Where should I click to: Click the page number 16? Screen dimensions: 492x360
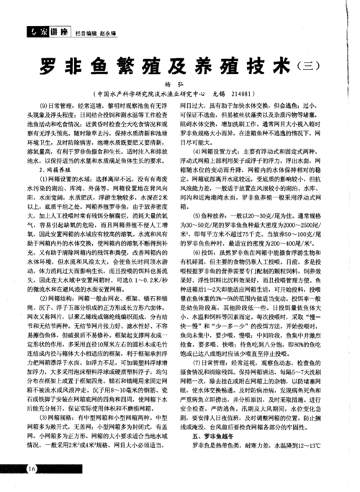[x=31, y=470]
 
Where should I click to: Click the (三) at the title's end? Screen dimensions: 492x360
[x=309, y=67]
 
